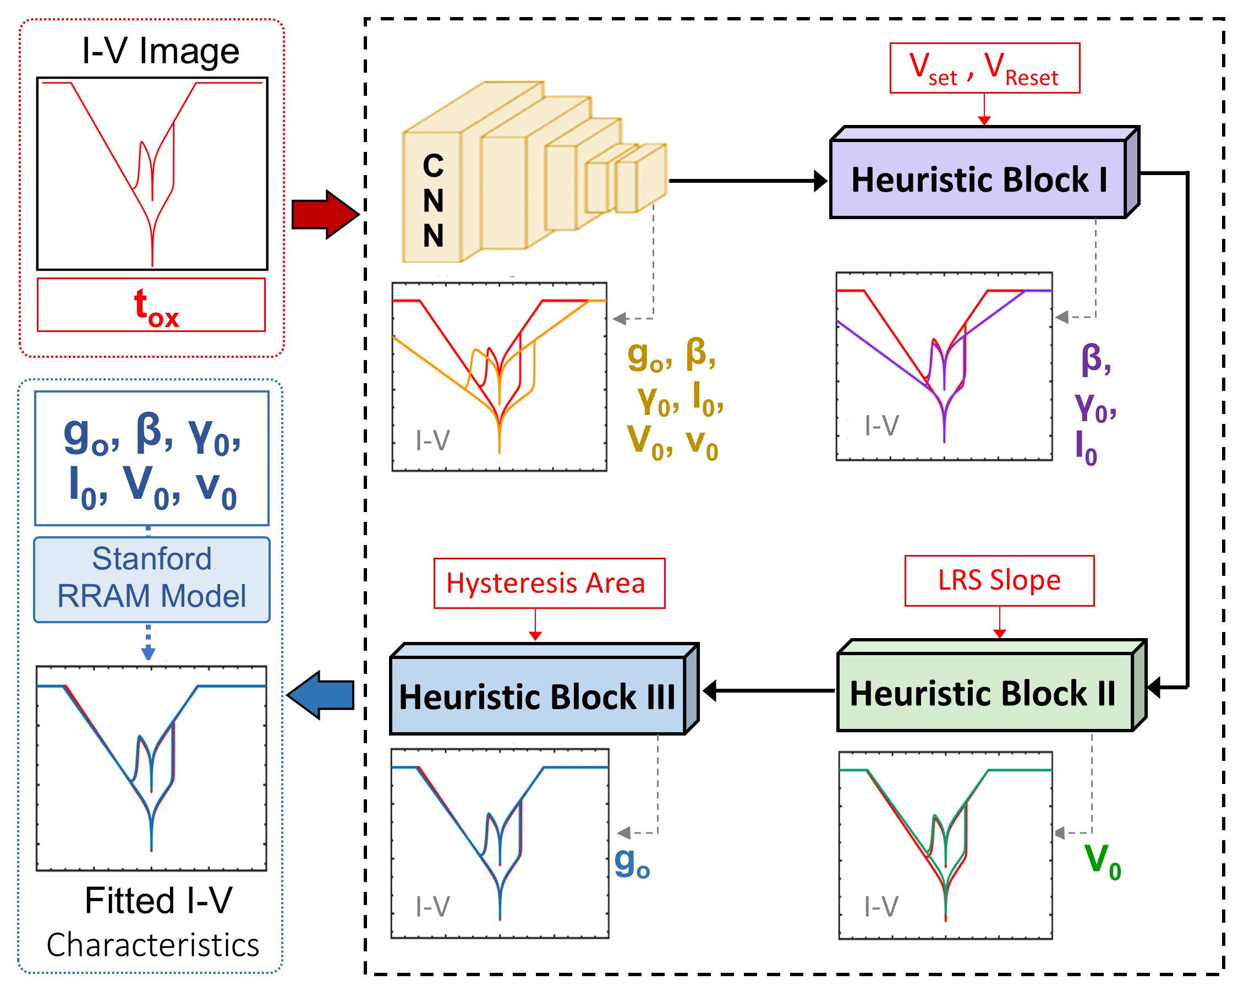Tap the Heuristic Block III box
click(x=538, y=696)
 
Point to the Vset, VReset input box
click(x=984, y=68)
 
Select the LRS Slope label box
click(x=999, y=581)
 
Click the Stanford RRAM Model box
click(x=152, y=579)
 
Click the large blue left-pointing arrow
click(x=321, y=695)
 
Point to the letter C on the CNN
click(x=433, y=167)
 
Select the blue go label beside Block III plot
click(x=632, y=863)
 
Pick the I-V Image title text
click(x=160, y=52)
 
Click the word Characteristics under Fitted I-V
click(x=153, y=946)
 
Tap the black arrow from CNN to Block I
click(x=747, y=181)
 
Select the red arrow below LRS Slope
click(x=999, y=622)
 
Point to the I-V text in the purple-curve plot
click(x=881, y=426)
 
